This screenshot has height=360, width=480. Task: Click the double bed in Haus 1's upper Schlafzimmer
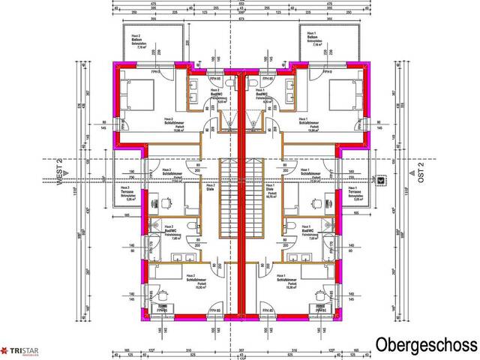(x=346, y=96)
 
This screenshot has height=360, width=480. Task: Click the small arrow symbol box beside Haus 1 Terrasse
(x=382, y=181)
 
